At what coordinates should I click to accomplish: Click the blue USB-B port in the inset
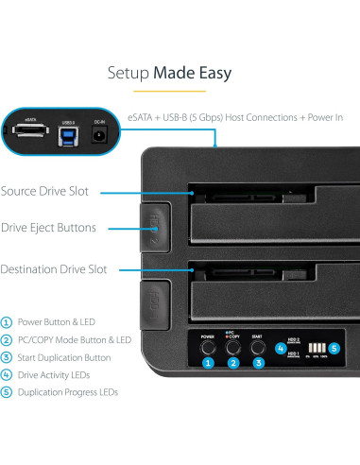67,135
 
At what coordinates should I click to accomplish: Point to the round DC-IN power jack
98,137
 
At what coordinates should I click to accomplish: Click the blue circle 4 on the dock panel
281,346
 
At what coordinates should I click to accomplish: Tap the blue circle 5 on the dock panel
333,346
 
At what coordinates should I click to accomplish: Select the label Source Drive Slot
44,191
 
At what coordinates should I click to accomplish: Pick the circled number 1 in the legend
7,321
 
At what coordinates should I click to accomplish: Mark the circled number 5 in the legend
7,391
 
